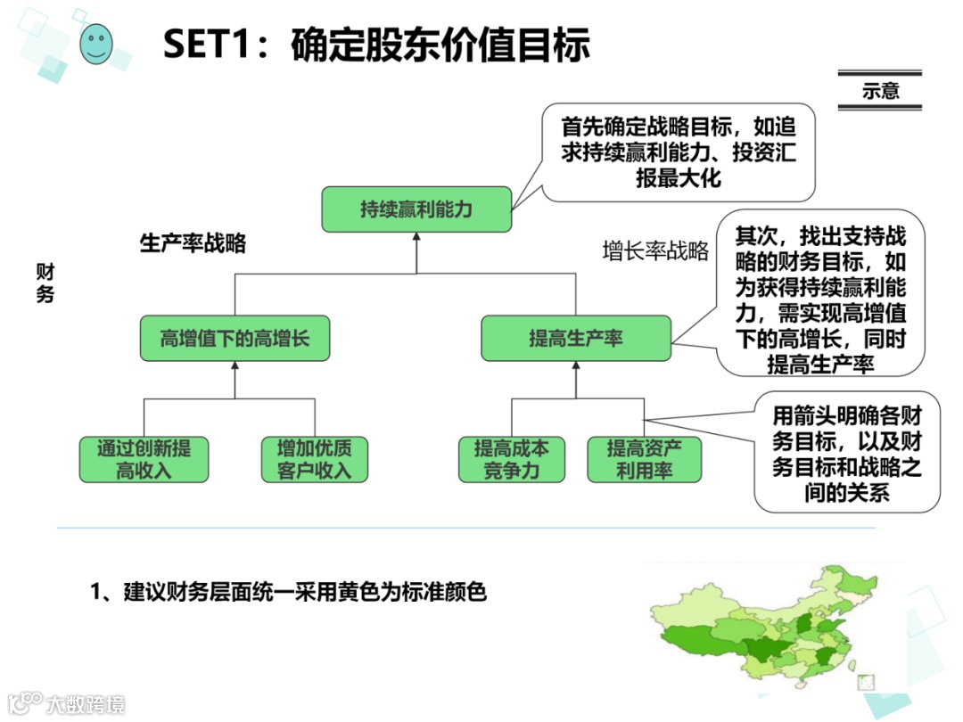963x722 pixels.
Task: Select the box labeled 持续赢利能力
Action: point(416,209)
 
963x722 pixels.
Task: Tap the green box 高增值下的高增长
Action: point(234,338)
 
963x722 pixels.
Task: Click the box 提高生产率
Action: point(576,338)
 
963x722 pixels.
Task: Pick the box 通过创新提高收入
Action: point(144,459)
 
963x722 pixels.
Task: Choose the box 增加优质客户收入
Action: point(314,459)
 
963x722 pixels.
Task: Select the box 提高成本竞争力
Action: point(512,459)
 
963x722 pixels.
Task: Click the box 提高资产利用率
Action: point(644,459)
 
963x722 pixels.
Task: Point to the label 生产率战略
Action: point(193,244)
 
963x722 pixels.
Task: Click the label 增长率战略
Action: point(655,251)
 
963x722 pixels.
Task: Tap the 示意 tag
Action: point(880,90)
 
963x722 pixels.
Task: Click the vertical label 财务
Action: point(45,283)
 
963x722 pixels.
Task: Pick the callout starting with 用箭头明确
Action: point(846,453)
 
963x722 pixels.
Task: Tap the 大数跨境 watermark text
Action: point(86,703)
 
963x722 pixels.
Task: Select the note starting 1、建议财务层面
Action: point(289,592)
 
